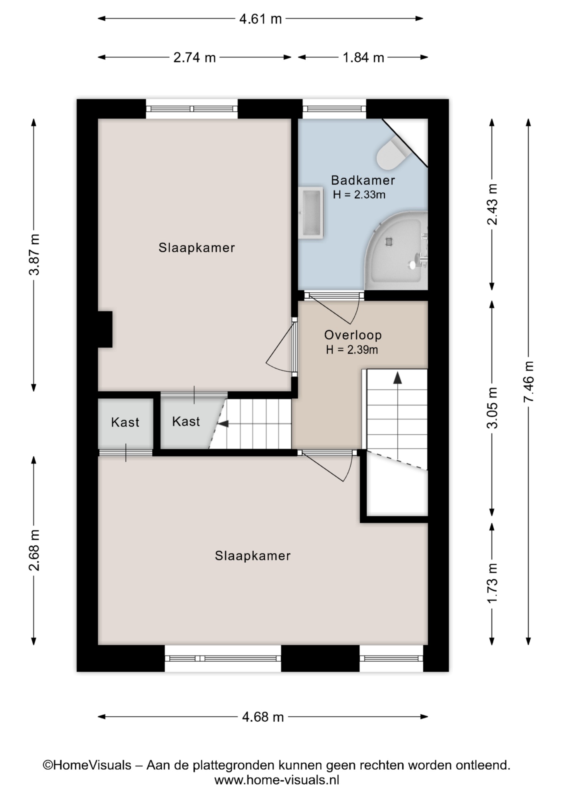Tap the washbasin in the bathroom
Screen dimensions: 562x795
click(x=311, y=212)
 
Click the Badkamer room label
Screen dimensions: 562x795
click(x=363, y=180)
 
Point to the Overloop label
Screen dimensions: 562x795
click(x=353, y=335)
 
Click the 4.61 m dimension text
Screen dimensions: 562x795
click(x=260, y=19)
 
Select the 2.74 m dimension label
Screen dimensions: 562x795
click(x=195, y=58)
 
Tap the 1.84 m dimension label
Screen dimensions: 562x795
click(x=363, y=58)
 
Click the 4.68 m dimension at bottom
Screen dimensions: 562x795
click(x=263, y=717)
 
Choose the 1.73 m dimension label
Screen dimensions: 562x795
click(x=492, y=583)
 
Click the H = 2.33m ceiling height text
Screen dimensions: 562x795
click(x=359, y=195)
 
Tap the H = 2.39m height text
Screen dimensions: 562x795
click(x=352, y=350)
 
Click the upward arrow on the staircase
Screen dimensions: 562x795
click(x=398, y=377)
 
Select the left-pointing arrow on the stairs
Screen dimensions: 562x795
click(x=223, y=424)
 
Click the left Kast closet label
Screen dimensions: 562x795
click(x=125, y=422)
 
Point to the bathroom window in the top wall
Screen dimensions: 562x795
click(x=334, y=109)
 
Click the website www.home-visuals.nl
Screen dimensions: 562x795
click(x=277, y=781)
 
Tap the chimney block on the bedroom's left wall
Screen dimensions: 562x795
click(x=105, y=329)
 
